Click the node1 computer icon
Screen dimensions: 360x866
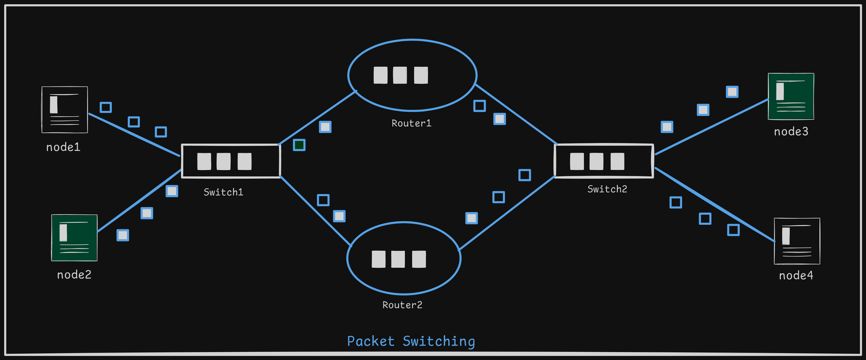[65, 110]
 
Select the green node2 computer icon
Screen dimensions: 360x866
[74, 238]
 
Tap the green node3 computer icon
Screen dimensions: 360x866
[791, 96]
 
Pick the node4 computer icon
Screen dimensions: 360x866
[797, 241]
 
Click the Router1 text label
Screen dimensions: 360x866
[411, 123]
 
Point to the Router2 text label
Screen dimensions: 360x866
[402, 305]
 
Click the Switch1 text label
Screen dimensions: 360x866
[223, 192]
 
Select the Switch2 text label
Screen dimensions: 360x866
[607, 189]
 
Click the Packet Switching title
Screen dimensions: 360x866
[411, 341]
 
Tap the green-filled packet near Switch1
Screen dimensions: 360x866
[299, 145]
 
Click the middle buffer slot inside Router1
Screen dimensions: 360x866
[400, 75]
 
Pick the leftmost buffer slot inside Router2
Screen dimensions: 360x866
[378, 259]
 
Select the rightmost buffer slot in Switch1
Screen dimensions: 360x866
[244, 162]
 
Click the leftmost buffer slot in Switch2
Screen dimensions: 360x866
[577, 162]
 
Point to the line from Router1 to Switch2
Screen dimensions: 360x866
[515, 114]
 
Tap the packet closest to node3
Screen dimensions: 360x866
[732, 92]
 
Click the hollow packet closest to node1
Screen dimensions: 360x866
[106, 107]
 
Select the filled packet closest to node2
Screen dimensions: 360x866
[123, 235]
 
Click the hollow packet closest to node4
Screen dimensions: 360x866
[733, 230]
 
